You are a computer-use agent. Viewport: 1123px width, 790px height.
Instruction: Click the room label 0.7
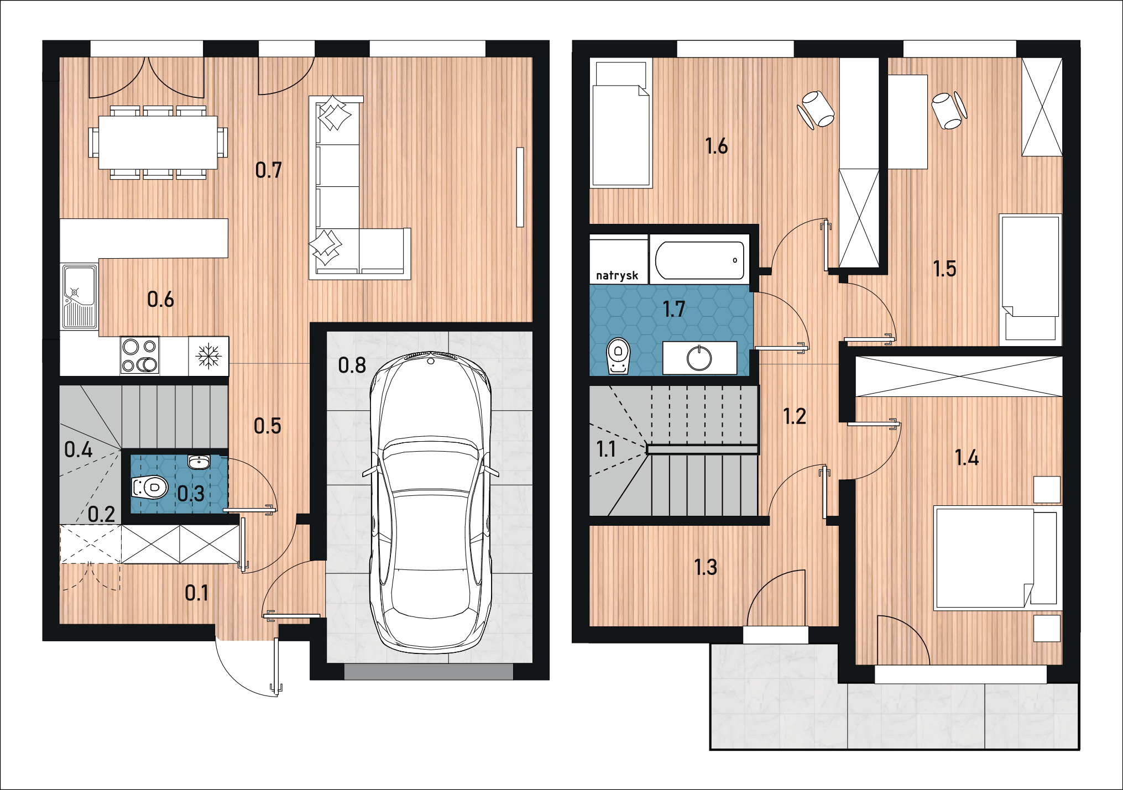(x=268, y=170)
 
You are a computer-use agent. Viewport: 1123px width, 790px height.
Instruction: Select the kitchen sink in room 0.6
(x=80, y=297)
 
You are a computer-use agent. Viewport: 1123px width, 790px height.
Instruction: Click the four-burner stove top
(x=140, y=355)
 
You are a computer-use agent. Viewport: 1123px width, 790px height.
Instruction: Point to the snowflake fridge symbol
(x=209, y=355)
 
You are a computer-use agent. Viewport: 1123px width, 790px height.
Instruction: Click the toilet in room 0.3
(x=149, y=488)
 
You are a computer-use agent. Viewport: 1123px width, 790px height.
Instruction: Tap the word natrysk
(x=617, y=275)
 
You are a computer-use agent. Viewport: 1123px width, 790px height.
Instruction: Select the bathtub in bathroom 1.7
(x=699, y=260)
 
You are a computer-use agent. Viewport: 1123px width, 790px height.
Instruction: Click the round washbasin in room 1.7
(x=699, y=358)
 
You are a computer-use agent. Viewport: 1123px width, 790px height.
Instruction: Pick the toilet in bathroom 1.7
(x=619, y=356)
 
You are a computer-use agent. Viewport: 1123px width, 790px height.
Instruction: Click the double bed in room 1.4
(x=995, y=558)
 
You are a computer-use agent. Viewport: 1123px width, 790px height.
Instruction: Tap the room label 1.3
(x=706, y=567)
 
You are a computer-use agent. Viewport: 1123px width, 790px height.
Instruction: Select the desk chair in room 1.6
(x=816, y=109)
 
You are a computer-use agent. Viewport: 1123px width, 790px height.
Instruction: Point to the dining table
(x=158, y=142)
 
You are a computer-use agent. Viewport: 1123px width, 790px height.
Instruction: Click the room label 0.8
(x=352, y=365)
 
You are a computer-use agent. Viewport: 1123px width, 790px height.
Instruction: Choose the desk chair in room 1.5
(x=949, y=110)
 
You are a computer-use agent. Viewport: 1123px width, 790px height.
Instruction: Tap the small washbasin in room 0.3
(x=199, y=461)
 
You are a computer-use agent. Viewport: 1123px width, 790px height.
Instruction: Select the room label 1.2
(x=794, y=416)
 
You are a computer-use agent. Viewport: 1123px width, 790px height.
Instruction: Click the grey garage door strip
(x=429, y=672)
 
